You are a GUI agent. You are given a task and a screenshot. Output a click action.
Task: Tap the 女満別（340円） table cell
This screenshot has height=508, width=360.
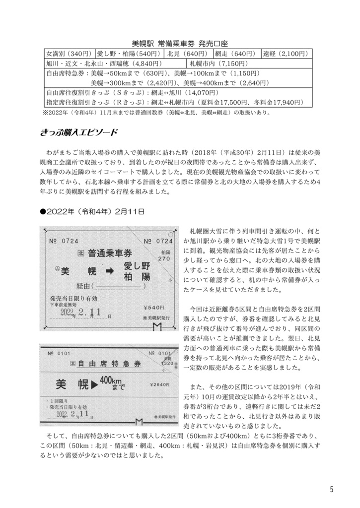[x=69, y=54]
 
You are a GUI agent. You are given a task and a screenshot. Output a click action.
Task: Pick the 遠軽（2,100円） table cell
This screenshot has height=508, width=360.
[x=287, y=54]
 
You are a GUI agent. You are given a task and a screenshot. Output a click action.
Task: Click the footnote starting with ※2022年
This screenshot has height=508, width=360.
[x=157, y=112]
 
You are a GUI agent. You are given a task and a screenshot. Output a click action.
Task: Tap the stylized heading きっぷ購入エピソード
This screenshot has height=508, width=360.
[x=78, y=132]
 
